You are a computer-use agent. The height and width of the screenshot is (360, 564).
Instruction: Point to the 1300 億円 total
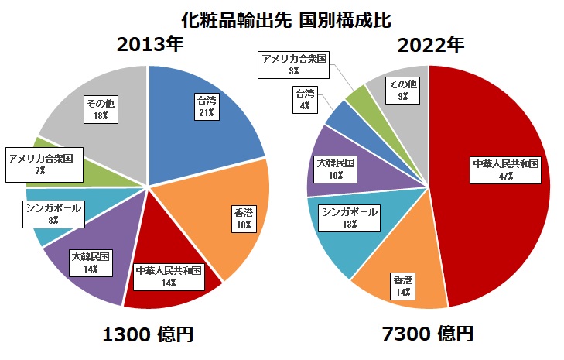coord(148,334)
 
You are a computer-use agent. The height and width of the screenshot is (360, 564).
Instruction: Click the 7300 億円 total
coord(428,334)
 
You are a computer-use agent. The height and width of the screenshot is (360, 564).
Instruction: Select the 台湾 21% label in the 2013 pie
coord(205,106)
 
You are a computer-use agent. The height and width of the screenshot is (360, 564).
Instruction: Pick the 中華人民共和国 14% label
coord(168,276)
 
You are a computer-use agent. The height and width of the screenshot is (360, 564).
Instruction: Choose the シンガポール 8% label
coord(53,214)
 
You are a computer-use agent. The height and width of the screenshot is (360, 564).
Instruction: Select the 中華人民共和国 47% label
coord(506,170)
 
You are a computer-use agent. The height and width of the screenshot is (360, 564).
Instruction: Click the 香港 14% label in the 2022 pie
coord(403,285)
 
